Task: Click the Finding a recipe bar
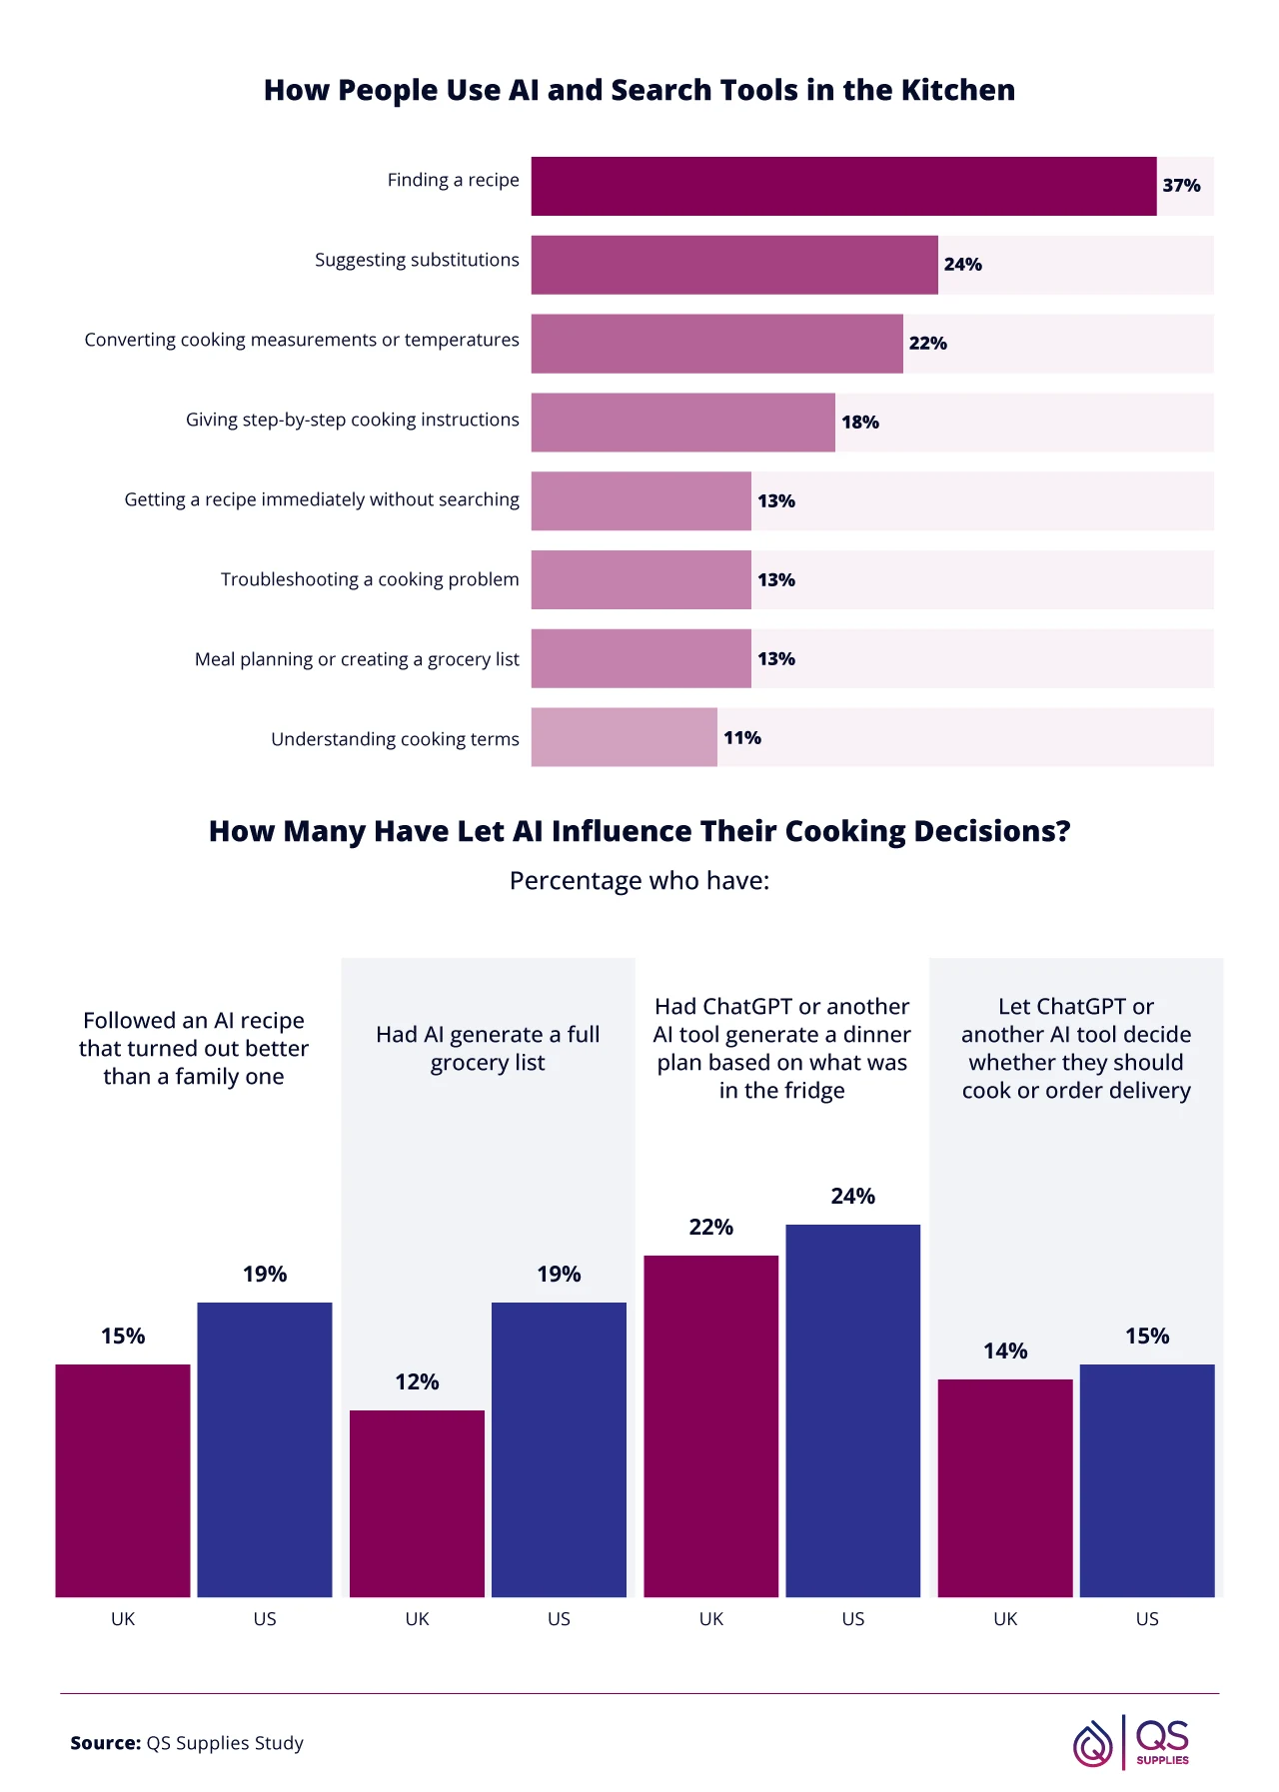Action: (843, 186)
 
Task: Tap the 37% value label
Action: (1181, 186)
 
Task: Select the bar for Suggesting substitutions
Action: (734, 265)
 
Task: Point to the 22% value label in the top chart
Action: (927, 344)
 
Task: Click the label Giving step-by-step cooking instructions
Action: (352, 420)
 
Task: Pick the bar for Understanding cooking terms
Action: (624, 737)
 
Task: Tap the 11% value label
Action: (742, 738)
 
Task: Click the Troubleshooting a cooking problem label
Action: (370, 579)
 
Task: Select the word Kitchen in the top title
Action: (957, 90)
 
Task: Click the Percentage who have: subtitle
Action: (639, 881)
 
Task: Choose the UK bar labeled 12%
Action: (417, 1502)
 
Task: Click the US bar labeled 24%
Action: (852, 1410)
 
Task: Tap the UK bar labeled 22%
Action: (710, 1425)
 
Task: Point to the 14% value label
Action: (1004, 1351)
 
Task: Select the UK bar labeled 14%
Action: (1004, 1487)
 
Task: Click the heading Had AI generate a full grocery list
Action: (488, 1048)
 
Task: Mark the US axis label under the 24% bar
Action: (852, 1619)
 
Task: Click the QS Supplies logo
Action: (1131, 1742)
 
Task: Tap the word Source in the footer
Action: (105, 1743)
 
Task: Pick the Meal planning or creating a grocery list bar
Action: (640, 658)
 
